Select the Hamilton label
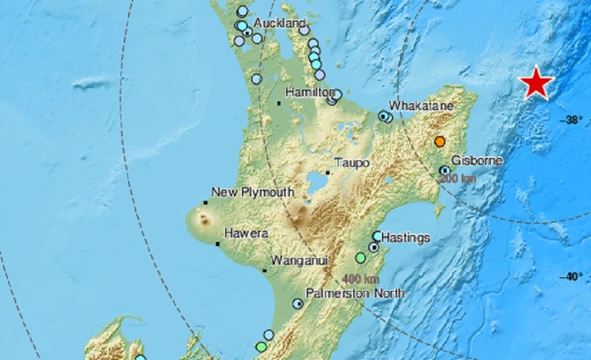[310, 92]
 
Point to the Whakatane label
[421, 106]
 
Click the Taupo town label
[352, 162]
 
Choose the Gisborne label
[477, 160]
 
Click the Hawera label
[245, 234]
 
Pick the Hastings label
[405, 237]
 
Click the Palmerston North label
[355, 293]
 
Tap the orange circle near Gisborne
[440, 142]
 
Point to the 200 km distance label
[457, 179]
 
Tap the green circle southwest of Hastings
[360, 257]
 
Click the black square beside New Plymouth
[205, 203]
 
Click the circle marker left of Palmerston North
[299, 303]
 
